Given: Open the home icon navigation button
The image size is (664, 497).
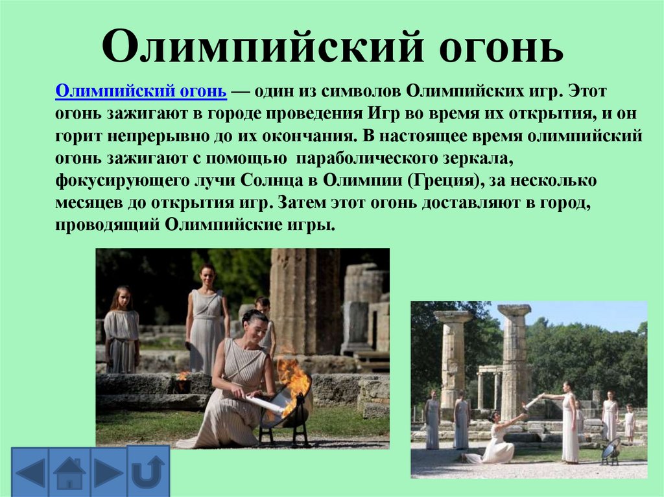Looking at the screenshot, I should [70, 473].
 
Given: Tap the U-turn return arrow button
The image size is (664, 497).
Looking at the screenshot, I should [148, 471].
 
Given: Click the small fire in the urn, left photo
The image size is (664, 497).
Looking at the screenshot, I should [182, 376].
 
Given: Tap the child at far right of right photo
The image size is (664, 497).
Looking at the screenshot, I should [628, 424].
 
